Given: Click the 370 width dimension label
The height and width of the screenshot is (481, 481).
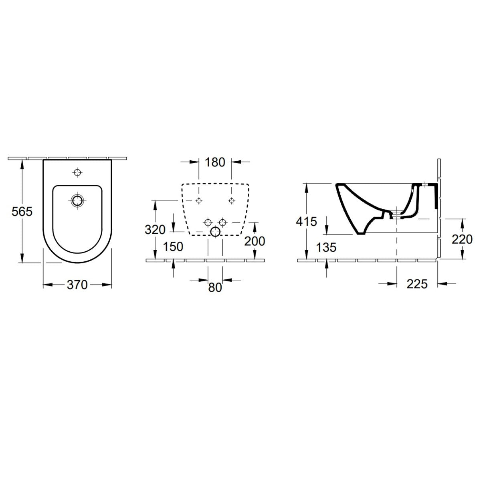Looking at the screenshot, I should (77, 285).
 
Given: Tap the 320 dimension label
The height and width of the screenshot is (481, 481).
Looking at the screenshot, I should (156, 230).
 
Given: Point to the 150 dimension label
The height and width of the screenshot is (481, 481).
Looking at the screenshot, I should (173, 247).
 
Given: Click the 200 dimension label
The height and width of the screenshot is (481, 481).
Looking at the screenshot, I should (255, 241).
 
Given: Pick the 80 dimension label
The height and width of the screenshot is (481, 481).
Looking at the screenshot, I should (215, 288).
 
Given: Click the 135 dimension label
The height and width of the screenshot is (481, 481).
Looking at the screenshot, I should (326, 247).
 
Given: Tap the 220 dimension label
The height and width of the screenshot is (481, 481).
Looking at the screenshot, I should (462, 240).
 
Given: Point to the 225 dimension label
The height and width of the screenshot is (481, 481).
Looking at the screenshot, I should (417, 284).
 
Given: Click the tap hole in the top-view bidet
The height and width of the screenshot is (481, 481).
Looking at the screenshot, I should (77, 173).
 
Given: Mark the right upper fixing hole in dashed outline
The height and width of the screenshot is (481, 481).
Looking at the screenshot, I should (231, 200).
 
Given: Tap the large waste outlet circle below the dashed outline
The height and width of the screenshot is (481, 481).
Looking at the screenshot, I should (216, 232).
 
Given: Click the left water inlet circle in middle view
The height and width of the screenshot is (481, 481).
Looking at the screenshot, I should (208, 222).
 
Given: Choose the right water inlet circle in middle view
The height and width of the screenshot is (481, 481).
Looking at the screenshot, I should (223, 222).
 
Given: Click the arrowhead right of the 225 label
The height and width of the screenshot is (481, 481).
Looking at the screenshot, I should (442, 284).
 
